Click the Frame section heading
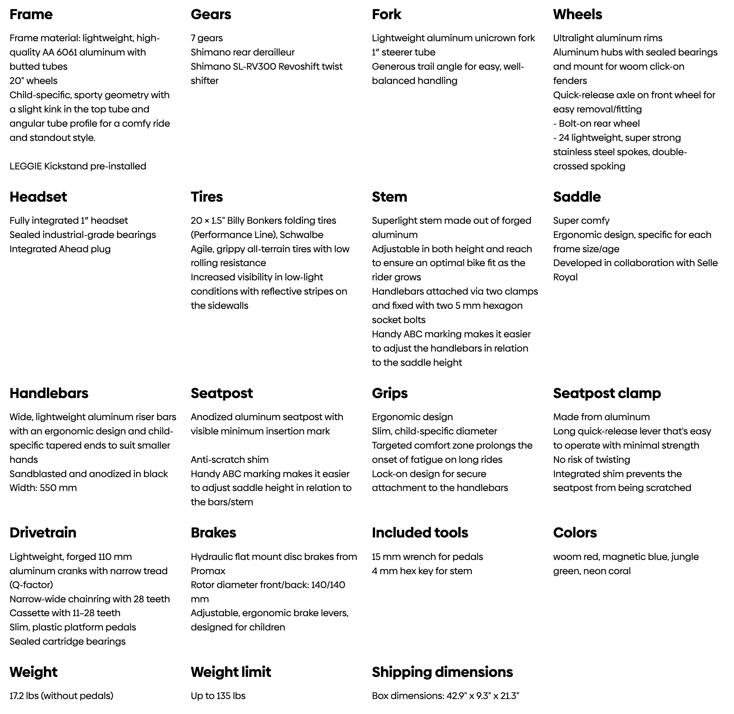click(x=31, y=14)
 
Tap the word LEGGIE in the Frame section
click(x=26, y=166)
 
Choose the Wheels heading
click(x=577, y=14)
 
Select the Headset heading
click(x=38, y=197)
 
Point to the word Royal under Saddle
click(x=565, y=277)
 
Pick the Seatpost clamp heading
click(x=607, y=394)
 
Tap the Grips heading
click(x=390, y=394)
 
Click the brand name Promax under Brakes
click(x=208, y=571)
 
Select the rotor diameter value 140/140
click(x=328, y=585)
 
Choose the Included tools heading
click(x=420, y=533)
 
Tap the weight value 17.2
click(x=16, y=696)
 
